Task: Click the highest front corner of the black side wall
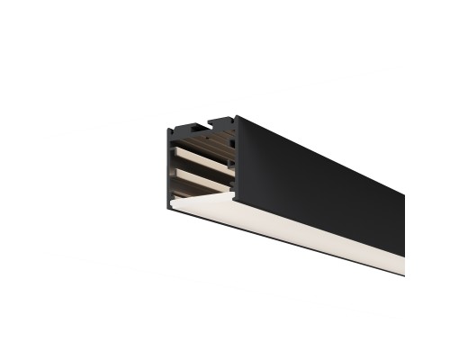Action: (237, 116)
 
